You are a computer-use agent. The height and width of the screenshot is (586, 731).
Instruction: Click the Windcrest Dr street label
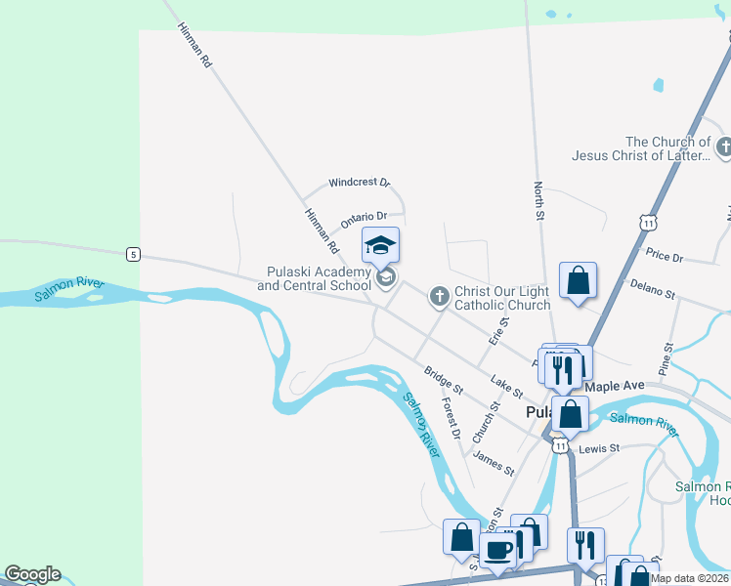click(359, 183)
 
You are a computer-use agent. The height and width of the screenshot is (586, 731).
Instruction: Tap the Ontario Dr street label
click(364, 217)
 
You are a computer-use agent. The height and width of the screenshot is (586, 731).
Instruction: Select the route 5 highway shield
click(133, 255)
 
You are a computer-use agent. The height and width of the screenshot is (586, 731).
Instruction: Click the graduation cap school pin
click(381, 245)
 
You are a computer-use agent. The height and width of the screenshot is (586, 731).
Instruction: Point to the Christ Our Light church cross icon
click(440, 295)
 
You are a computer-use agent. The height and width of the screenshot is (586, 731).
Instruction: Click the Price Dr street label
click(665, 255)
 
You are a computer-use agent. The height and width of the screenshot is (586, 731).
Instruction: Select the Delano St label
click(653, 288)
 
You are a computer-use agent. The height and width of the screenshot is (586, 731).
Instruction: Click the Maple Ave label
click(615, 386)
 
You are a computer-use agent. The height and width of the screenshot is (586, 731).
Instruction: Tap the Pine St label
click(666, 359)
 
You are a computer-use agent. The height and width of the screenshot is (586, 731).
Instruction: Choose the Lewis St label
click(599, 448)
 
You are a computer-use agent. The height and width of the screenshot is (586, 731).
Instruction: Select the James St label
click(494, 462)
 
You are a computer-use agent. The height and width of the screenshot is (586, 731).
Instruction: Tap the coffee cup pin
click(496, 551)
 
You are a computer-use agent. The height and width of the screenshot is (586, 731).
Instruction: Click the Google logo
click(31, 574)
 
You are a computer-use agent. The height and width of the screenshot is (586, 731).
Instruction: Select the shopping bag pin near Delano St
click(579, 280)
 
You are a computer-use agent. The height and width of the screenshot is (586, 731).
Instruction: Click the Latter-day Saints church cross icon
click(724, 147)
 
